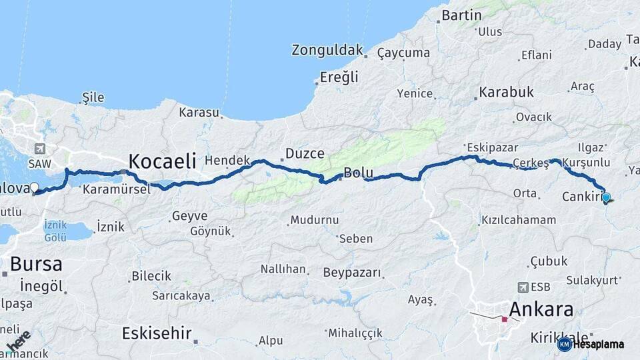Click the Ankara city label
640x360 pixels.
541,309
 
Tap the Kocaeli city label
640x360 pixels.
162,161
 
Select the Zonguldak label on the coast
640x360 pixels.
327,50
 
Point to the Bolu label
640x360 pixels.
358,173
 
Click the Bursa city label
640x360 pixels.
36,263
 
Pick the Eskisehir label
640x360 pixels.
157,333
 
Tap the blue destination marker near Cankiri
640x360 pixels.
606,197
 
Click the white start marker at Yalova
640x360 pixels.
35,189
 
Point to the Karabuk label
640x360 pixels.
507,92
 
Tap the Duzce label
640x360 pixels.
305,154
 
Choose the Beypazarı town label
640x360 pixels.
352,272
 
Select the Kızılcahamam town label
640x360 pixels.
517,219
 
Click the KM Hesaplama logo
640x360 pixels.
592,344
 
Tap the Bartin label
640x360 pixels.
462,15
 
